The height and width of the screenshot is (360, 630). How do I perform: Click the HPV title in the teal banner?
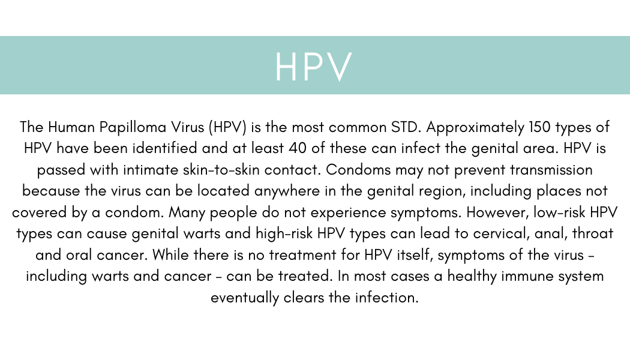point(314,67)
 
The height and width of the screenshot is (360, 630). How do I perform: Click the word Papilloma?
point(133,127)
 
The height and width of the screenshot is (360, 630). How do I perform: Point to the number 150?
point(539,127)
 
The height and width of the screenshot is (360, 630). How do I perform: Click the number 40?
point(298,149)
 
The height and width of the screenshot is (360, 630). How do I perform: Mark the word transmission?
point(551,170)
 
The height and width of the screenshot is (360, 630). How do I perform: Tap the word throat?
point(593,233)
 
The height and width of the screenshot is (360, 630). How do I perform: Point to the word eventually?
point(245,298)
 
